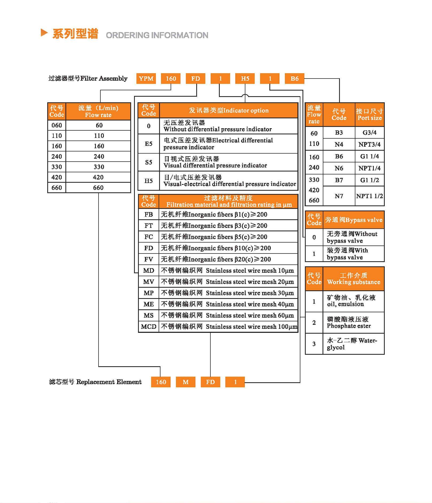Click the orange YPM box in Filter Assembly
pos(146,79)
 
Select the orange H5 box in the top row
pos(245,79)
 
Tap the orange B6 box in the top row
pos(294,79)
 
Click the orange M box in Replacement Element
pos(186,382)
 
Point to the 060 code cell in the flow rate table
pos(57,125)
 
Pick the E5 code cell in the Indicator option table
pos(148,144)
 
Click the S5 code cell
pos(148,162)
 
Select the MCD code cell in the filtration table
pos(148,327)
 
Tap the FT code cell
pos(148,226)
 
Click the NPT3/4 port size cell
pos(369,145)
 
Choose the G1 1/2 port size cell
pos(369,180)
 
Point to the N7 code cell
pos(339,196)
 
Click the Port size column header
pos(370,115)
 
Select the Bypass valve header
pos(354,220)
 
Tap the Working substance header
pos(354,279)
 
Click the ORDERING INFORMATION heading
pos(157,35)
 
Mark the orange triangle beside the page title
pos(44,33)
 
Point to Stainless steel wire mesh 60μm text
pos(250,315)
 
